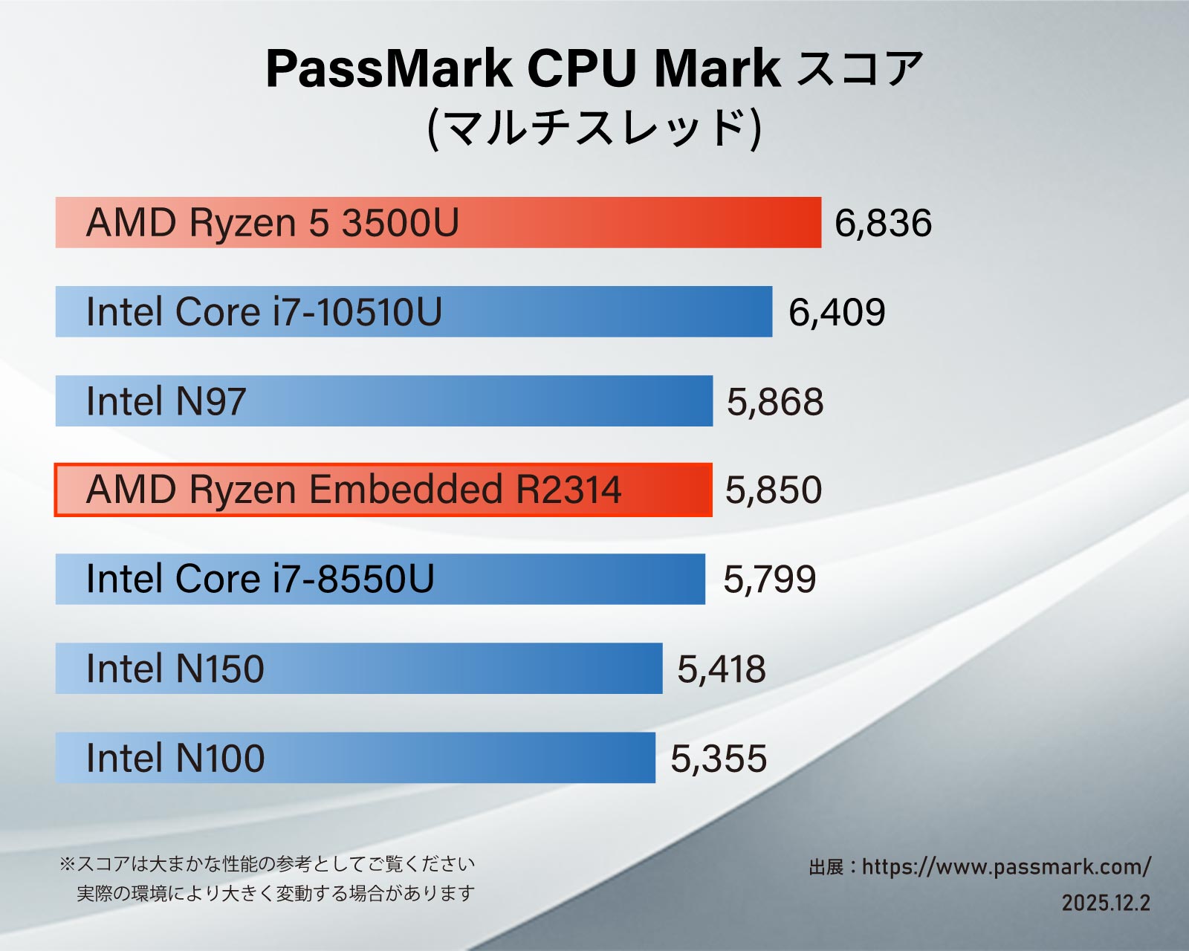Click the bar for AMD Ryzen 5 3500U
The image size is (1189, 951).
click(438, 223)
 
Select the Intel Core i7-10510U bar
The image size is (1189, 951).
click(414, 312)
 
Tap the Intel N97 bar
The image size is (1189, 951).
click(384, 401)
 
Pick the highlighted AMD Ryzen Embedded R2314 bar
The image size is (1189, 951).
click(383, 490)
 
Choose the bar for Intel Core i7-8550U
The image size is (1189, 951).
click(380, 580)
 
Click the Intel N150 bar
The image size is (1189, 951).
click(359, 669)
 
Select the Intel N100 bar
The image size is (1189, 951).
click(355, 758)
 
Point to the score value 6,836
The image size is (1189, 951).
click(883, 224)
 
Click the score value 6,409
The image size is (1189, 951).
click(837, 313)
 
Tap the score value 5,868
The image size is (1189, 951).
click(775, 402)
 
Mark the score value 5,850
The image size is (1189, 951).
click(774, 490)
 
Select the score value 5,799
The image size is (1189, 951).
click(770, 580)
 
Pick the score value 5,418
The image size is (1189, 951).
click(722, 669)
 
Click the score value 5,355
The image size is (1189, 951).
click(719, 759)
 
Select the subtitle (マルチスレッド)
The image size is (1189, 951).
click(594, 128)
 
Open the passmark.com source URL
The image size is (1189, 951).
click(1006, 867)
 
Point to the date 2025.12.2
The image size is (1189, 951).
click(1106, 903)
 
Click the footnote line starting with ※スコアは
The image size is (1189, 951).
click(268, 864)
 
